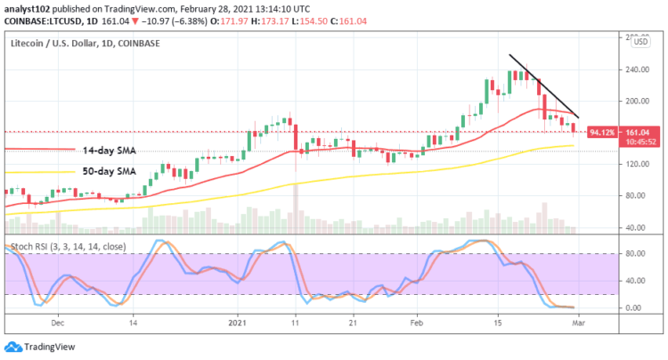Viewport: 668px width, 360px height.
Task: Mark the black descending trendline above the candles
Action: click(x=544, y=86)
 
